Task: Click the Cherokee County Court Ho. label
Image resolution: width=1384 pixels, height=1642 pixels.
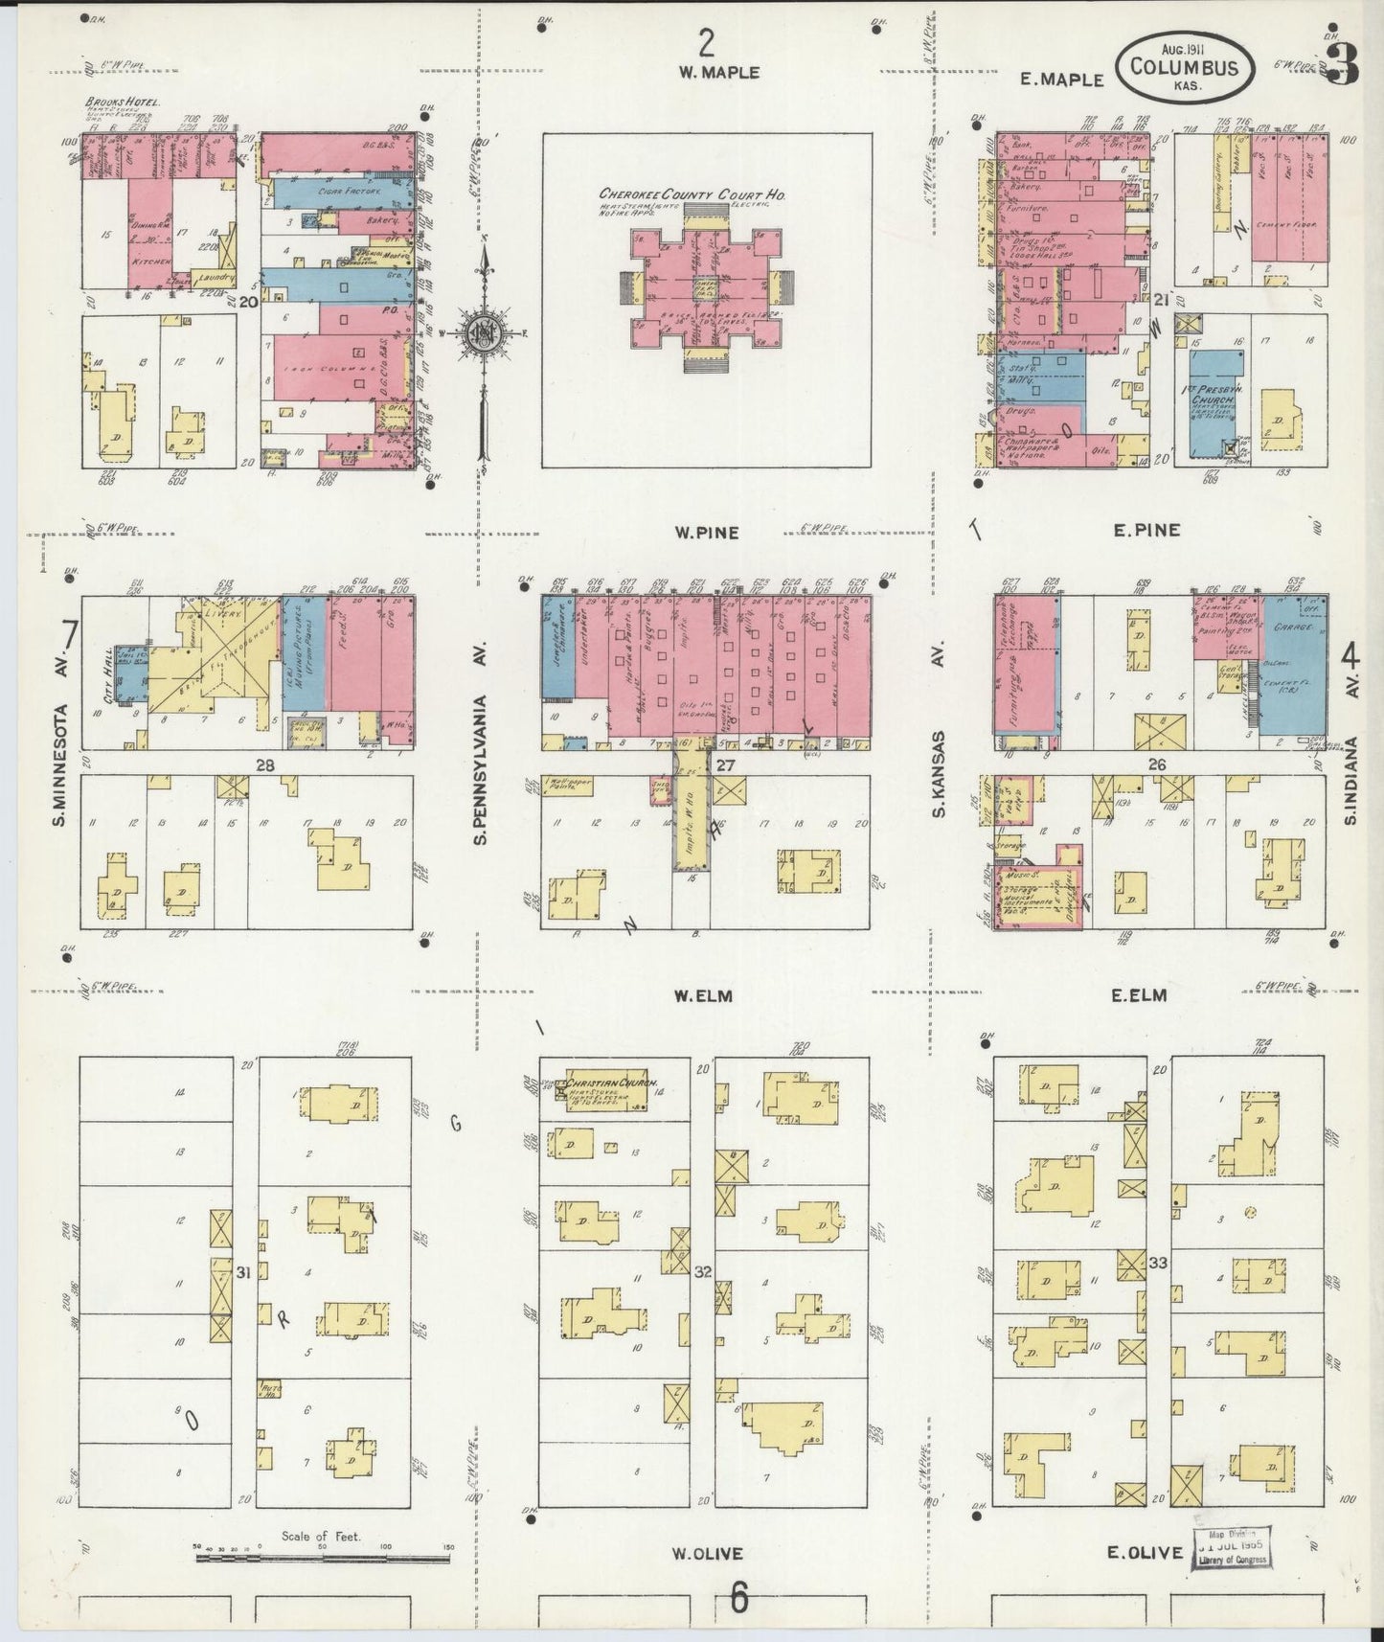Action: pos(692,194)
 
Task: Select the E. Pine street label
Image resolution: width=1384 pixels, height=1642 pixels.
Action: pos(1146,530)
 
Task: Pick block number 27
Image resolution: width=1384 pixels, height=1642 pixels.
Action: pos(725,764)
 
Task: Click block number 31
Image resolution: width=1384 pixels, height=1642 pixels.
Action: pos(244,1272)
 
